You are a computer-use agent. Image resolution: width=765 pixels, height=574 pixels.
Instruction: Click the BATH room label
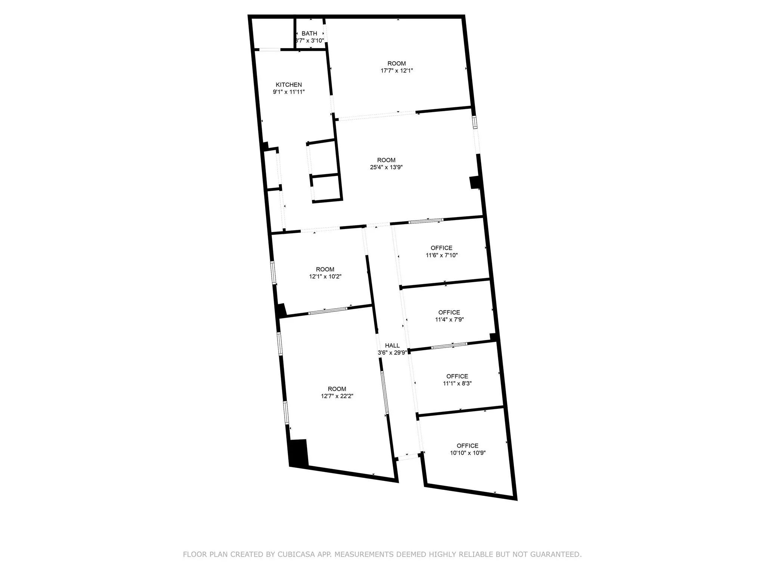[x=309, y=34]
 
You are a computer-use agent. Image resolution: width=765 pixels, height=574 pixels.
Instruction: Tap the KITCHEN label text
[x=289, y=85]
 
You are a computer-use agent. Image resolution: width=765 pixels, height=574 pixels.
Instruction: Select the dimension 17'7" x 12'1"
[x=397, y=71]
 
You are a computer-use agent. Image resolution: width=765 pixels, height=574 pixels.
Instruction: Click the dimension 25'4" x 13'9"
[x=386, y=167]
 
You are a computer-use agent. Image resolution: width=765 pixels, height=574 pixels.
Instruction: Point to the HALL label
[x=392, y=346]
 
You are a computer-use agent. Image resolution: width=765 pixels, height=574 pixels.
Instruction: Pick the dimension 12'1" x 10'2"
[x=325, y=277]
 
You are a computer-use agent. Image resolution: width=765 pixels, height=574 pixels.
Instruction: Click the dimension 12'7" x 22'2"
[x=337, y=396]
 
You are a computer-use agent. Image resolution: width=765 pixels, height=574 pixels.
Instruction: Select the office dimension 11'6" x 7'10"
[x=442, y=255]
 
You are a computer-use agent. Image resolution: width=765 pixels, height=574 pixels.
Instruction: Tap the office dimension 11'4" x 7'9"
[x=449, y=320]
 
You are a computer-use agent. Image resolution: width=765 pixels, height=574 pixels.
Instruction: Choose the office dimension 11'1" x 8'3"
[x=457, y=383]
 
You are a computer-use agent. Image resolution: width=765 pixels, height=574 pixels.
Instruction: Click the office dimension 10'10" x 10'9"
[x=468, y=453]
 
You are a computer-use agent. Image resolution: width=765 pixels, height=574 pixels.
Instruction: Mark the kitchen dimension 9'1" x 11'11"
[x=289, y=92]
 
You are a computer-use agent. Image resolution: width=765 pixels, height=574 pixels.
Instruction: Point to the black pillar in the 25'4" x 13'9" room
[x=475, y=182]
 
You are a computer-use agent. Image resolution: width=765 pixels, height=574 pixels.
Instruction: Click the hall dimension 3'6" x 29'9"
[x=392, y=352]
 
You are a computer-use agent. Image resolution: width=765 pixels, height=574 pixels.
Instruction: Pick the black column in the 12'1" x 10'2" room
[x=281, y=310]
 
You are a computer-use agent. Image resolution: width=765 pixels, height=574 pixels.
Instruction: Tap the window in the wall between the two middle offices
[x=449, y=346]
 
